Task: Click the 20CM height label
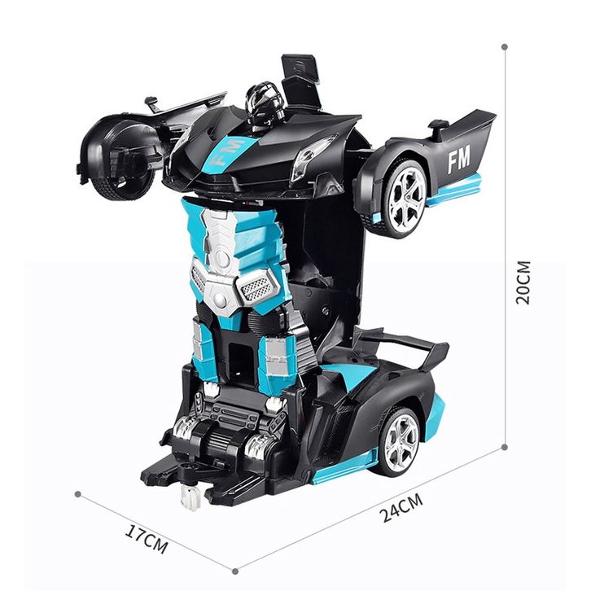point(523,282)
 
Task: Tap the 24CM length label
point(401,508)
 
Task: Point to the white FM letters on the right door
point(458,160)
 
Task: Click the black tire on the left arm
point(120,159)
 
